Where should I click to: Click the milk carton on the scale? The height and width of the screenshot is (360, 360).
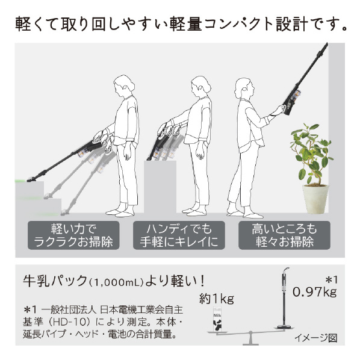point(217,318)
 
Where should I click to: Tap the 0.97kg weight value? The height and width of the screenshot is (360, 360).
point(314,292)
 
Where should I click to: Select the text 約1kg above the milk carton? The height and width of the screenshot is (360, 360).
point(217,299)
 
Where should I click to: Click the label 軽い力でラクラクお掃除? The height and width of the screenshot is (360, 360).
point(73,235)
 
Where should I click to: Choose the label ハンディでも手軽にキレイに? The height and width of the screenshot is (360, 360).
point(179,235)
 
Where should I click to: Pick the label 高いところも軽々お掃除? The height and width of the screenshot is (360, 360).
point(284,235)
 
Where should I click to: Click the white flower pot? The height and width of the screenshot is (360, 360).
point(315,199)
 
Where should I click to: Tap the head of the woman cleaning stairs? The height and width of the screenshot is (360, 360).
point(123,85)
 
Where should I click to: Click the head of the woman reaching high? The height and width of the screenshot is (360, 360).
point(244,89)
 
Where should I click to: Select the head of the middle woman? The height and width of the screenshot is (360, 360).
point(200,86)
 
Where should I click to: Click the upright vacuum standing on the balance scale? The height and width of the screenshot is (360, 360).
point(284,298)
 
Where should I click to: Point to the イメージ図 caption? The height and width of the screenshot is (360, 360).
point(316,338)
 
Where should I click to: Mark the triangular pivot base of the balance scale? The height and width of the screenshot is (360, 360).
point(250,339)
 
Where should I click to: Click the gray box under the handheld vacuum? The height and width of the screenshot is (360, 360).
point(160,187)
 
